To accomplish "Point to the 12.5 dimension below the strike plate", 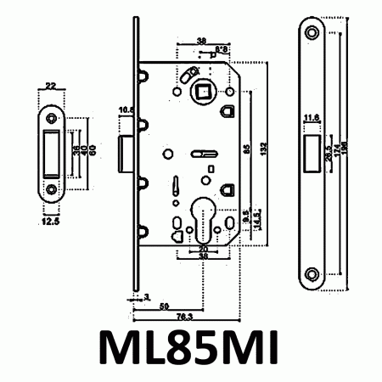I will (50, 222).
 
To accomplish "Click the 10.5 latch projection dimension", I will (127, 110).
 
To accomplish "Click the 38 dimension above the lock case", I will (200, 40).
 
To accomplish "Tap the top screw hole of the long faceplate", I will (312, 32).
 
